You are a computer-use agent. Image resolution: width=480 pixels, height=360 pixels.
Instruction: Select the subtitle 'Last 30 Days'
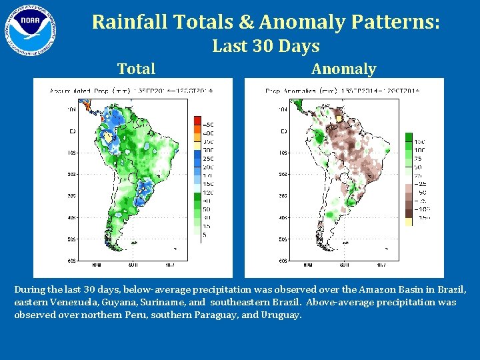click(x=265, y=46)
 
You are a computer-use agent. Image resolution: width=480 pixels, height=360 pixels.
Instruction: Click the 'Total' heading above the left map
click(x=136, y=69)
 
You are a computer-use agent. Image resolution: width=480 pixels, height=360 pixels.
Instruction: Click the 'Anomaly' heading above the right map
click(x=343, y=69)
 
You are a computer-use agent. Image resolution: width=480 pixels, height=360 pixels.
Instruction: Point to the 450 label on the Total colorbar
click(x=209, y=125)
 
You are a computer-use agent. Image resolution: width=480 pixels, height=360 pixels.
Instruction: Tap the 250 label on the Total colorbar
click(x=209, y=158)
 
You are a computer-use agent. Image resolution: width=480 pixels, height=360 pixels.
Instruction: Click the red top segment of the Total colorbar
click(x=197, y=121)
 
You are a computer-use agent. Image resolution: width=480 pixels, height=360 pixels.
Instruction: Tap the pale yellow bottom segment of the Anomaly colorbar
click(x=409, y=221)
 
